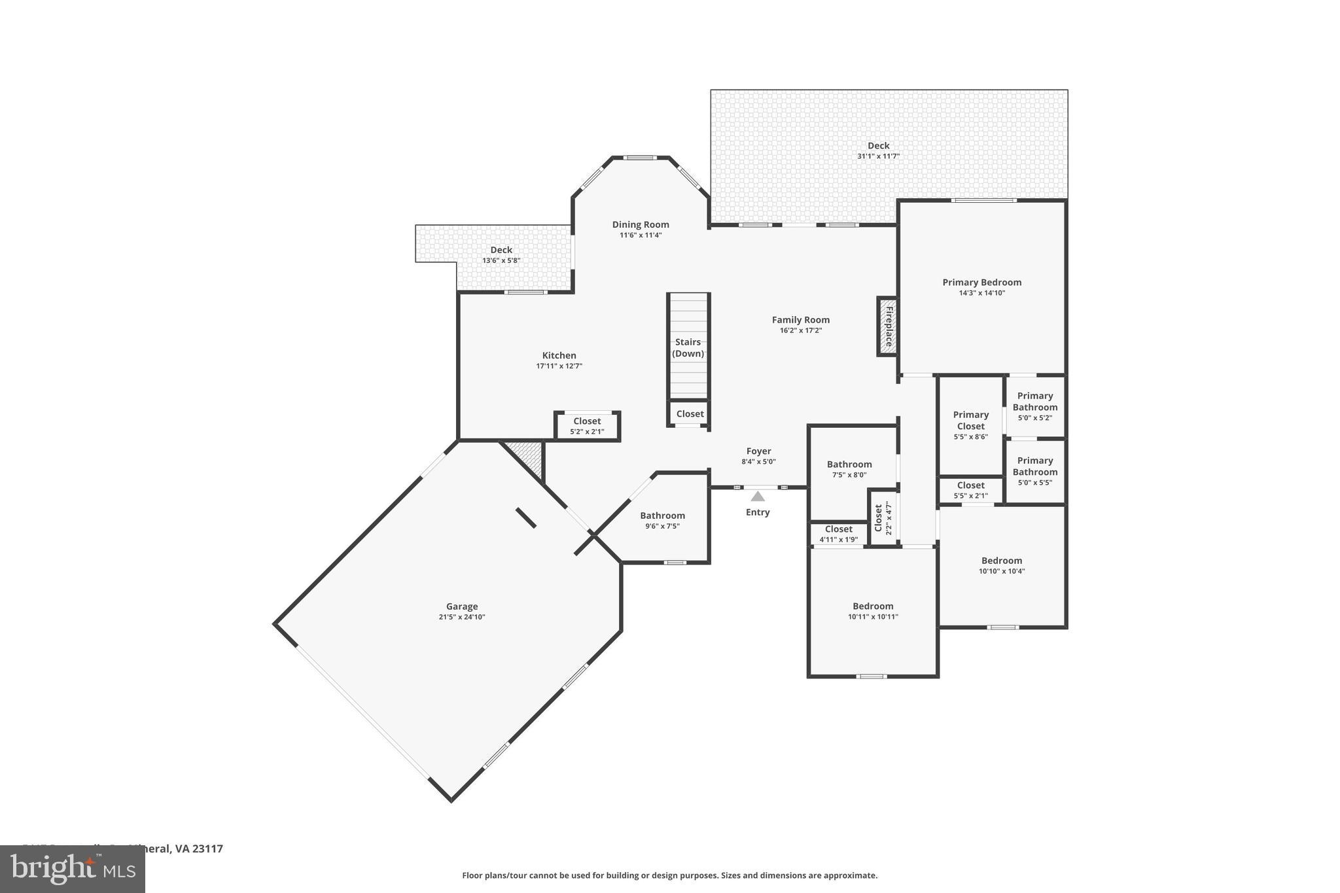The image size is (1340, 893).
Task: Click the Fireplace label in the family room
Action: click(x=889, y=326)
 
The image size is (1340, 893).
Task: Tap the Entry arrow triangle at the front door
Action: click(x=758, y=497)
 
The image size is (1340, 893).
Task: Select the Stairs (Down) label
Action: click(x=688, y=347)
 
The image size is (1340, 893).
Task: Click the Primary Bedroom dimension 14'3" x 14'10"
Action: click(x=981, y=293)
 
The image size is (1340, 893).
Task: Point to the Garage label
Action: click(x=462, y=606)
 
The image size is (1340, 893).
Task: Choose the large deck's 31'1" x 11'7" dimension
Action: click(x=878, y=156)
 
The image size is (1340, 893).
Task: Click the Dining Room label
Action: click(x=641, y=224)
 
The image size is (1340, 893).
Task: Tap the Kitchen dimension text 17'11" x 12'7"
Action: click(x=559, y=366)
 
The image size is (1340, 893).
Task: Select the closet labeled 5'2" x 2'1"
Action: click(x=587, y=427)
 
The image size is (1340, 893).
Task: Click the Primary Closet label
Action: click(x=970, y=421)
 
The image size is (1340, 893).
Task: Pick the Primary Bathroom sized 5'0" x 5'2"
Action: click(x=1034, y=406)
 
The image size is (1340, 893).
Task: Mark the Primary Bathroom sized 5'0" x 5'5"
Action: click(x=1034, y=471)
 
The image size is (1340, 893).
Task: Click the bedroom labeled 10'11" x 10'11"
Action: click(x=873, y=611)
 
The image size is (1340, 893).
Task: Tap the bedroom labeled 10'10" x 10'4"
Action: click(x=1002, y=565)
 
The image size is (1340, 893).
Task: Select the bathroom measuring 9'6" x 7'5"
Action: click(x=662, y=520)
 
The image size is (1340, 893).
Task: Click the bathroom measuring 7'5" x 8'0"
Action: click(x=849, y=469)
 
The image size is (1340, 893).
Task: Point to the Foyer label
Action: click(x=758, y=451)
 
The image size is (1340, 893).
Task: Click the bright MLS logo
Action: click(x=73, y=869)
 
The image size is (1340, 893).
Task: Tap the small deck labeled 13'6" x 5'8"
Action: click(x=501, y=254)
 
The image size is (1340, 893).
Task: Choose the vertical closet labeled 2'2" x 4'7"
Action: click(x=881, y=517)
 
